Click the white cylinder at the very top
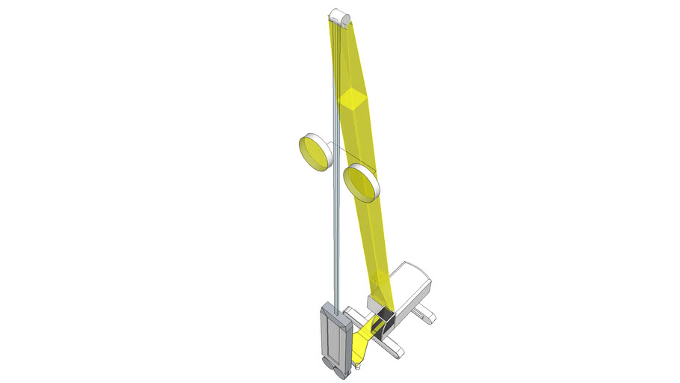coord(340,14)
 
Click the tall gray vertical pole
coord(333,224)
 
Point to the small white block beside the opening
coord(378,304)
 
